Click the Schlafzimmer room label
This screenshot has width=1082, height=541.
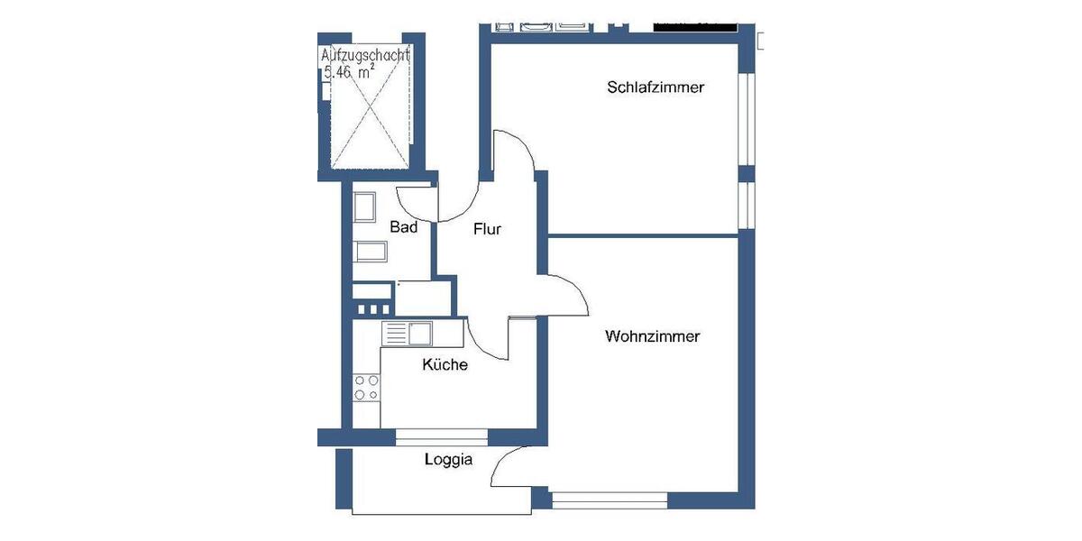[655, 87]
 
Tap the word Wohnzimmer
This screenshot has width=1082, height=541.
[653, 336]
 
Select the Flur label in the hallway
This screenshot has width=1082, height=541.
[487, 229]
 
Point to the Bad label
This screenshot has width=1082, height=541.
[403, 227]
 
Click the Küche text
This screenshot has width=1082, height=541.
[445, 365]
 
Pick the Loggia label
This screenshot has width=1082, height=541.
[448, 460]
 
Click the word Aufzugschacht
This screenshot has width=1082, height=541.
[366, 56]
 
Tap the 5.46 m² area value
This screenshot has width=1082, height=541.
[349, 73]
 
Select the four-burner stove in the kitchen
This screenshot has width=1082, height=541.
[366, 388]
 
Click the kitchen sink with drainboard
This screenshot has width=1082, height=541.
[408, 334]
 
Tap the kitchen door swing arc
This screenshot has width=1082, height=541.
[487, 337]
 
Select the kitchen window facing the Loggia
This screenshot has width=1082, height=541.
[441, 437]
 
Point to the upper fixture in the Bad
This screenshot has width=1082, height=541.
[364, 207]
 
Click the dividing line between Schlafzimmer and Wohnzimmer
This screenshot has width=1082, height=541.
[645, 235]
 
